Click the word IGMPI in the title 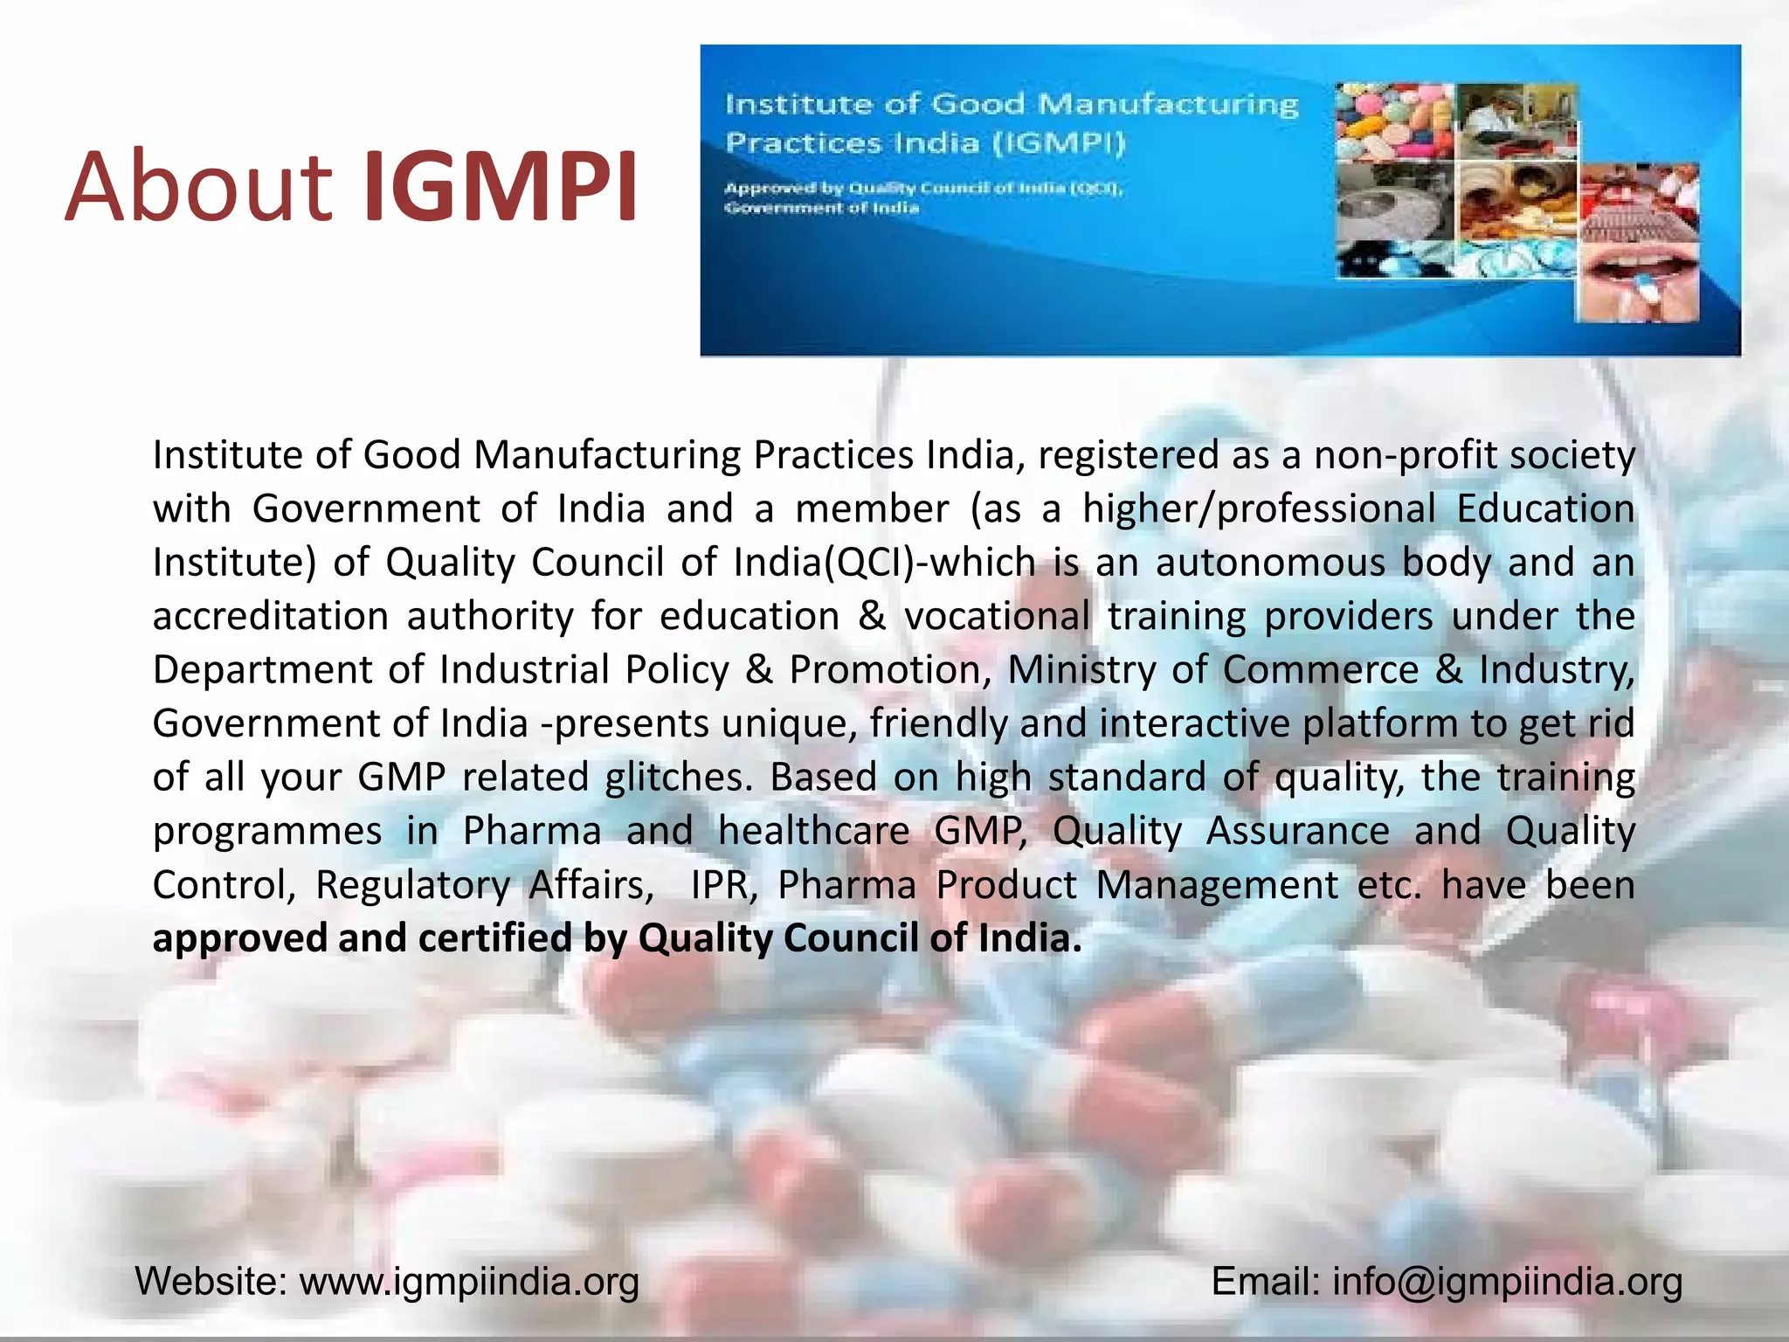(499, 187)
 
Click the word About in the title (198, 187)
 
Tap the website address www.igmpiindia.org (469, 1283)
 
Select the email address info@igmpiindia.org (1507, 1283)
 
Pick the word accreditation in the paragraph (270, 617)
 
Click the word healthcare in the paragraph (813, 831)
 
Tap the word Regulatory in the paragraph (412, 885)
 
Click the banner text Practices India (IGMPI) (925, 142)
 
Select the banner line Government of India (821, 208)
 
